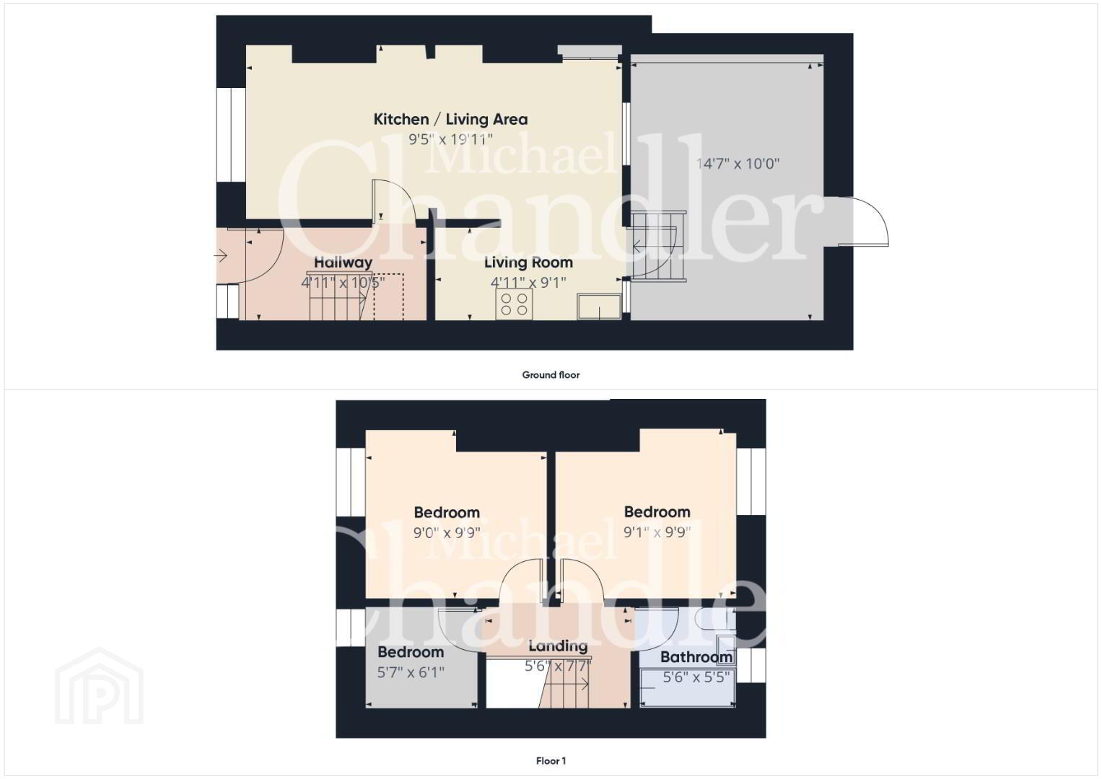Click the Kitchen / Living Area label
pyautogui.click(x=450, y=119)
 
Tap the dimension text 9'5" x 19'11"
pyautogui.click(x=450, y=139)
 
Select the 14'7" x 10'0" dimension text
pyautogui.click(x=738, y=163)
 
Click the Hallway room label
pyautogui.click(x=343, y=263)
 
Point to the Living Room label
pyautogui.click(x=528, y=263)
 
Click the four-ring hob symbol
pyautogui.click(x=514, y=304)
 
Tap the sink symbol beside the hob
pyautogui.click(x=599, y=307)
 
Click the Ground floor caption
pyautogui.click(x=551, y=375)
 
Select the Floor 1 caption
pyautogui.click(x=551, y=761)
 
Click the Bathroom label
pyautogui.click(x=696, y=657)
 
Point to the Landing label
pyautogui.click(x=558, y=646)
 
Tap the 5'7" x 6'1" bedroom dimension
pyautogui.click(x=411, y=672)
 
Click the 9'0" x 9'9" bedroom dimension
pyautogui.click(x=447, y=532)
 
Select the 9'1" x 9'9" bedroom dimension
pyautogui.click(x=657, y=532)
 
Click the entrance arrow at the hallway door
pyautogui.click(x=220, y=256)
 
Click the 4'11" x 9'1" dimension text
pyautogui.click(x=528, y=282)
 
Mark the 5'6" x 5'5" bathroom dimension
pyautogui.click(x=696, y=677)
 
